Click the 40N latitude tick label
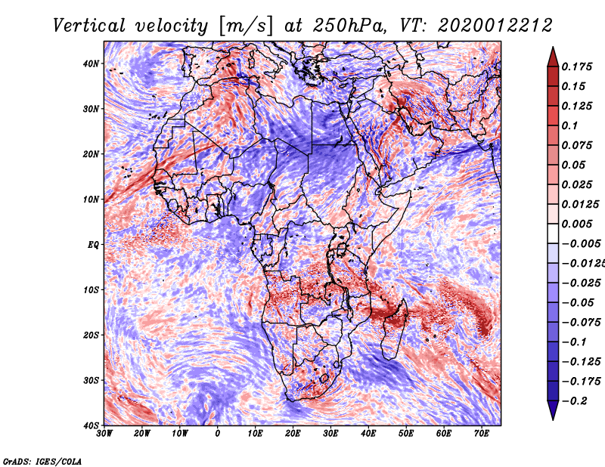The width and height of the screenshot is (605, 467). pyautogui.click(x=91, y=63)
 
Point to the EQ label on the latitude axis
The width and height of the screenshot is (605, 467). pyautogui.click(x=93, y=245)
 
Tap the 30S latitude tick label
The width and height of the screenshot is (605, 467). pyautogui.click(x=91, y=380)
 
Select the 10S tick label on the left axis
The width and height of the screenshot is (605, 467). pyautogui.click(x=91, y=290)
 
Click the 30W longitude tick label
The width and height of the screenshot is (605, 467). pyautogui.click(x=104, y=434)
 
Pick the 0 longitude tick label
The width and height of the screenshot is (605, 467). pyautogui.click(x=217, y=434)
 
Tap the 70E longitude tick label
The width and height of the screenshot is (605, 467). pyautogui.click(x=482, y=434)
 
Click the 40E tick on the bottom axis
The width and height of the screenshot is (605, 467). pyautogui.click(x=368, y=434)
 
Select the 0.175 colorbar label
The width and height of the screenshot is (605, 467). pyautogui.click(x=577, y=67)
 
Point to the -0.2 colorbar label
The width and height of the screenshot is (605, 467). pyautogui.click(x=574, y=401)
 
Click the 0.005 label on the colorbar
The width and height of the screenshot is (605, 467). pyautogui.click(x=577, y=224)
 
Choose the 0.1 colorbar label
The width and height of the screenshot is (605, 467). pyautogui.click(x=569, y=125)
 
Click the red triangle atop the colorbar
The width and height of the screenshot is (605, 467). pyautogui.click(x=553, y=58)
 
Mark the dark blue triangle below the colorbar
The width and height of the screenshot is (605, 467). pyautogui.click(x=553, y=410)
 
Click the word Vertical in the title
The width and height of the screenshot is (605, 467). pyautogui.click(x=89, y=26)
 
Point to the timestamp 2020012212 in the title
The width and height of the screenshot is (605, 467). pyautogui.click(x=495, y=26)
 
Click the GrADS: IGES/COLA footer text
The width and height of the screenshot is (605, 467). pyautogui.click(x=42, y=461)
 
